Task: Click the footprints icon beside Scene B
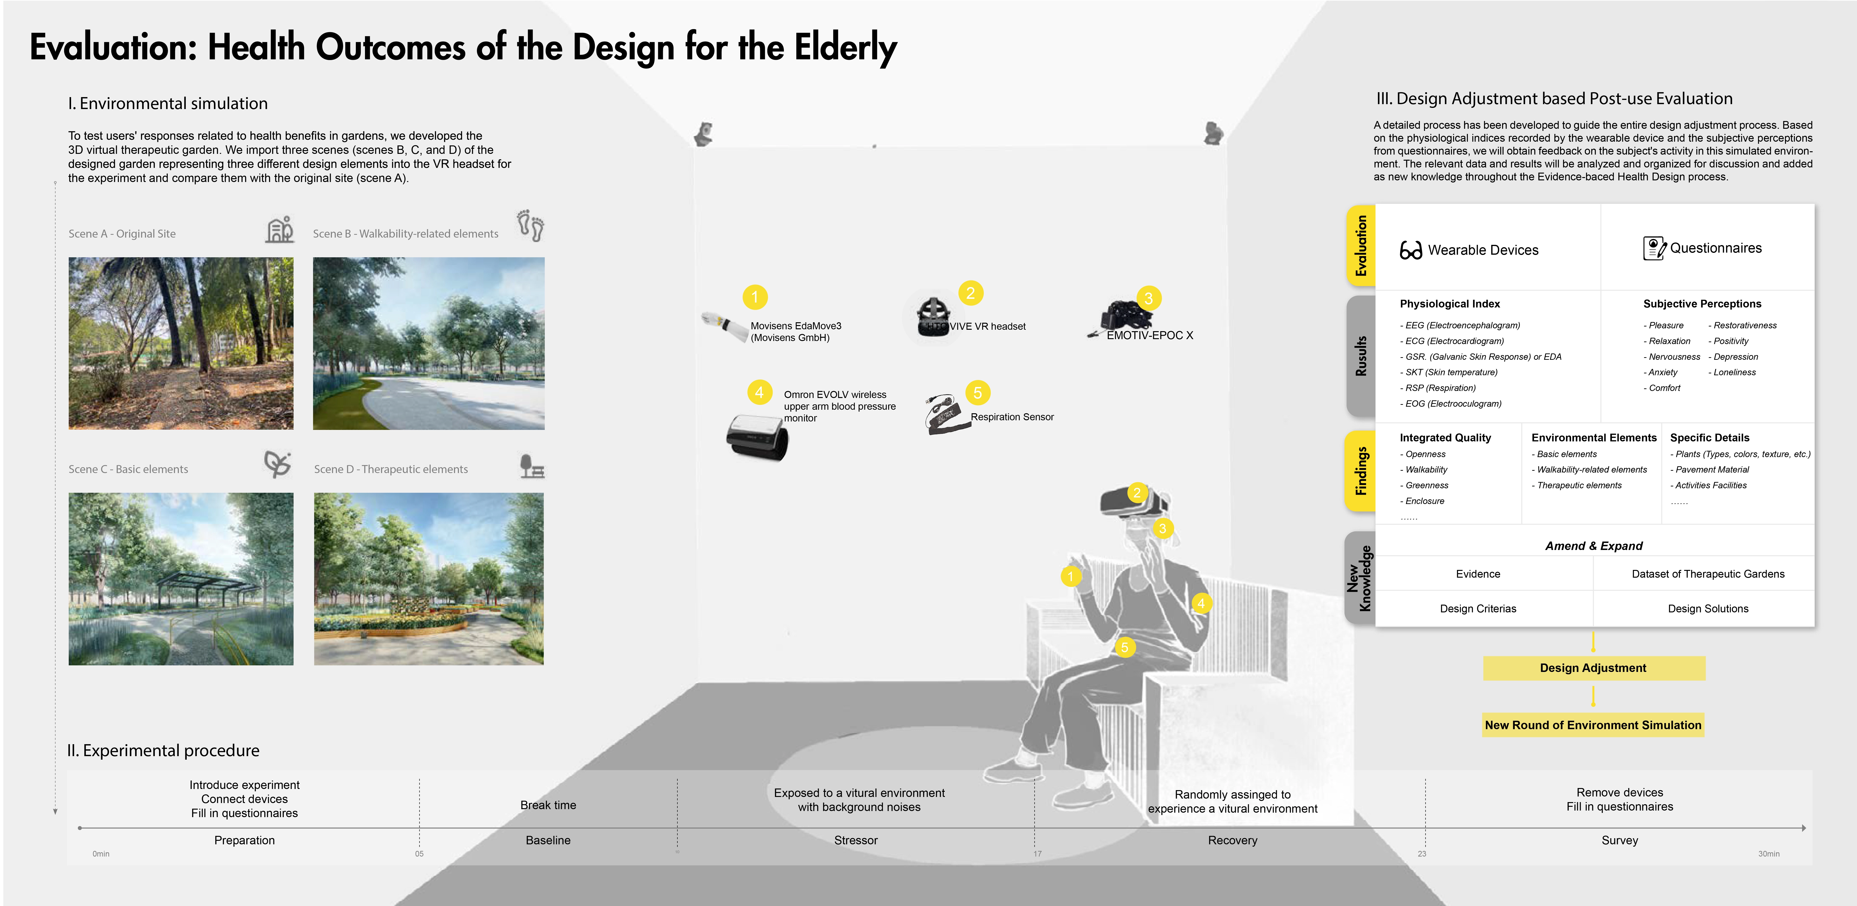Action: tap(531, 226)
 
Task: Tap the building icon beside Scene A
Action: tap(280, 229)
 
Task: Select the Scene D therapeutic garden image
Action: tap(429, 579)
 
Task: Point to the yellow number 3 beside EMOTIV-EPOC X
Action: tap(1148, 298)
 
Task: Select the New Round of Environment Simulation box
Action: tap(1593, 725)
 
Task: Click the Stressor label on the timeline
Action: tap(856, 840)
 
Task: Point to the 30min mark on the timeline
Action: tap(1768, 854)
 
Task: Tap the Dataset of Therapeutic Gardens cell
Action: tap(1708, 574)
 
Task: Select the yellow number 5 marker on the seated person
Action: tap(1124, 647)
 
